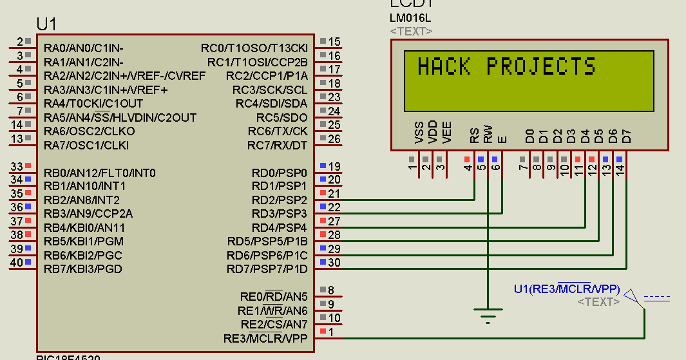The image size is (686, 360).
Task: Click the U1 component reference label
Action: coord(47,24)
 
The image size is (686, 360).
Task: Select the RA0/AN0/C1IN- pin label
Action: coord(84,48)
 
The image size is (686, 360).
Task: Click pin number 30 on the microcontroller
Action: coord(334,262)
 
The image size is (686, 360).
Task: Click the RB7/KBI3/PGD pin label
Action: coord(83,269)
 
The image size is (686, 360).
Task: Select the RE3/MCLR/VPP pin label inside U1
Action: coord(265,338)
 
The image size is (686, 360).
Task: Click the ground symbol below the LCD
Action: coord(488,315)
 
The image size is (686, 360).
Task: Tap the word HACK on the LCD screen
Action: coord(443,67)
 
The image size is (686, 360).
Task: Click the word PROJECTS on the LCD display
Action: coord(541,67)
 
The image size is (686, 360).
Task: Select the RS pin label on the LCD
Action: coord(474,136)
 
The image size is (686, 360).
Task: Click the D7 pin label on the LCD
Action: coord(626,136)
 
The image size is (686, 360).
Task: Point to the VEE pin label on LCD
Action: coord(447,133)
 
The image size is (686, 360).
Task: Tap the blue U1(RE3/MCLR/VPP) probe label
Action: coord(567,289)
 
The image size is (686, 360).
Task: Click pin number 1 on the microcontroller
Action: coord(331,332)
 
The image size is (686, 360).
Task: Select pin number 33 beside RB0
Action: coord(16,167)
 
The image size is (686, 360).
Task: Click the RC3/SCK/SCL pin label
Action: coord(270,90)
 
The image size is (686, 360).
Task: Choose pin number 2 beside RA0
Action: coord(19,42)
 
